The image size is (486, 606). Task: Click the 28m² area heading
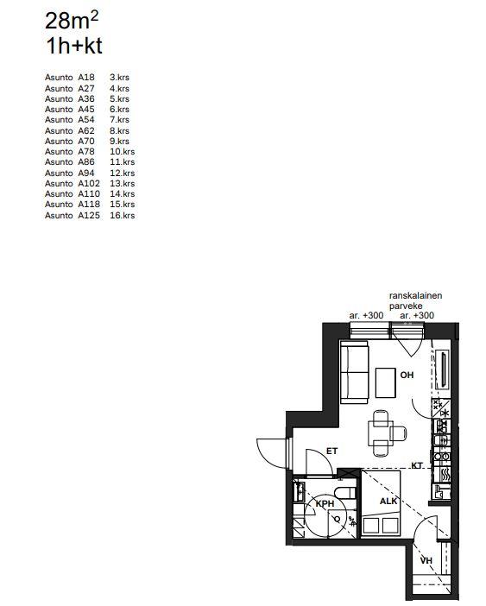[x=72, y=21]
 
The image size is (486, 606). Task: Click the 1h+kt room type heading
[x=73, y=46]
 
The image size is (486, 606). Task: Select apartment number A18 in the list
[x=86, y=78]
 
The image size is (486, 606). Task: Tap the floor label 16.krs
[x=122, y=215]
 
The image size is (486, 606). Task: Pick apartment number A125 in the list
[x=89, y=215]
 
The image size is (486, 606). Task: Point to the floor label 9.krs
[x=119, y=141]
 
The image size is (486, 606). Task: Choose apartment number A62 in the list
[x=86, y=130]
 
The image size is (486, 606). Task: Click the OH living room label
[x=407, y=375]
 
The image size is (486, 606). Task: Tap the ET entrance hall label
[x=331, y=451]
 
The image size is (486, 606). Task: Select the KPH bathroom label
[x=325, y=503]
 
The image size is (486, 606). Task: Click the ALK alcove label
[x=388, y=502]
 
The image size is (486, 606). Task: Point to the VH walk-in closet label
[x=426, y=560]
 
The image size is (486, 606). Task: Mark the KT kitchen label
[x=417, y=465]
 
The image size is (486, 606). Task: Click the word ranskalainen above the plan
[x=416, y=295]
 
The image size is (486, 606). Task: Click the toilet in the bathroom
[x=344, y=494]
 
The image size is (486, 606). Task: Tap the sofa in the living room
[x=355, y=373]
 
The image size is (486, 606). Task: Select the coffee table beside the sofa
[x=386, y=383]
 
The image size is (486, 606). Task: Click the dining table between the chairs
[x=381, y=433]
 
